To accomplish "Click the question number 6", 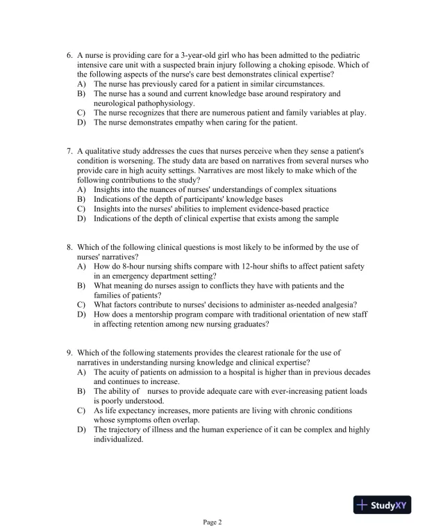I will pyautogui.click(x=69, y=55).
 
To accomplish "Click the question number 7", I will pyautogui.click(x=69, y=150).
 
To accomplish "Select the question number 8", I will pyautogui.click(x=69, y=246).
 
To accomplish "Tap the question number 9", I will pyautogui.click(x=69, y=353).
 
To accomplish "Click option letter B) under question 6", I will pyautogui.click(x=81, y=93).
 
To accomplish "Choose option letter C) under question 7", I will pyautogui.click(x=81, y=209).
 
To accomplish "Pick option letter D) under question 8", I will pyautogui.click(x=81, y=314).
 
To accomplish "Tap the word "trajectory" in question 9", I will pyautogui.click(x=126, y=429).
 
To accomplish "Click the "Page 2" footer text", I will pyautogui.click(x=212, y=521).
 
